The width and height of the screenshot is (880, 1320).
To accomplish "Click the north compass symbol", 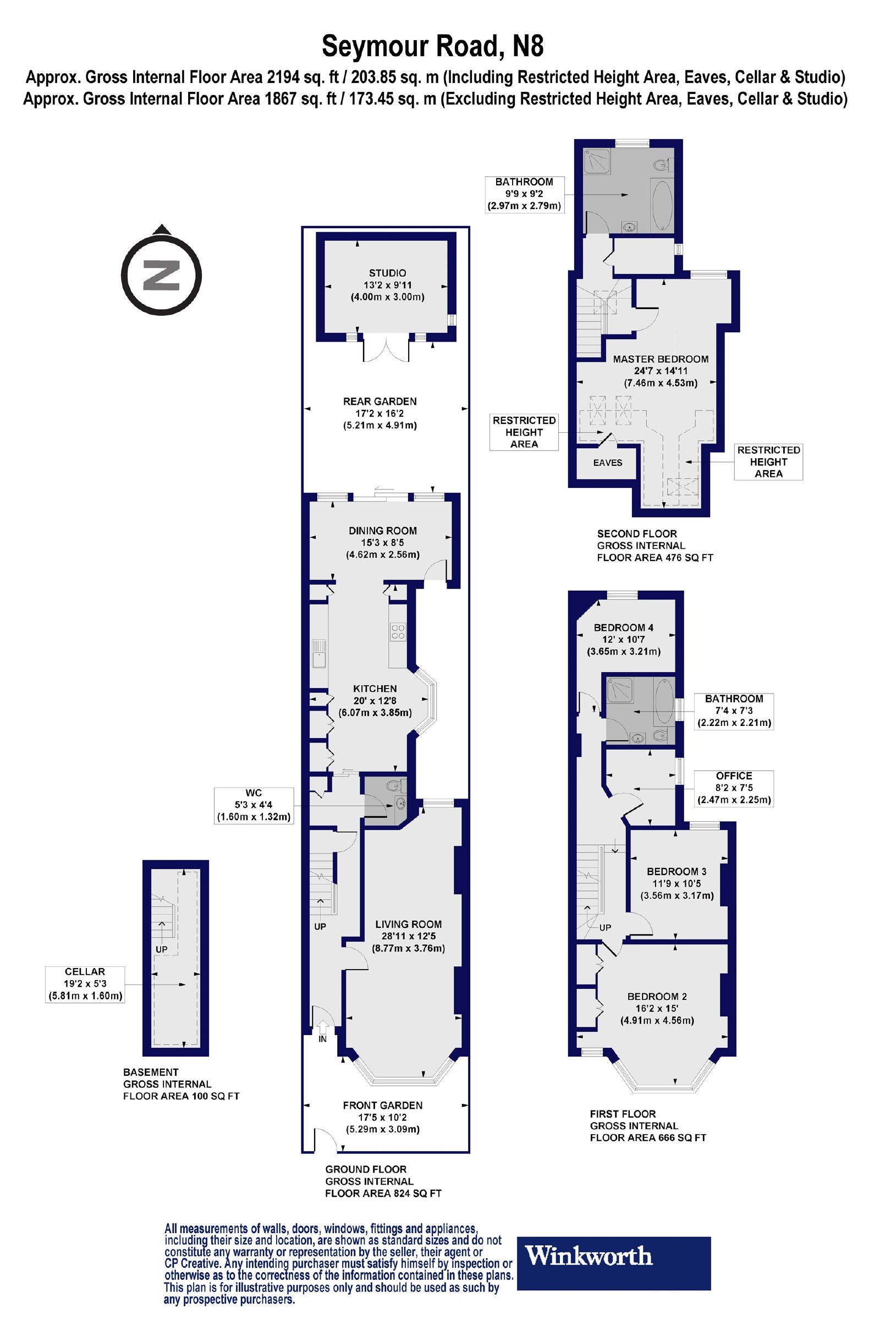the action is point(162,273).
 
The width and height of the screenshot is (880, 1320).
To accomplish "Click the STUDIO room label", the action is point(387,273).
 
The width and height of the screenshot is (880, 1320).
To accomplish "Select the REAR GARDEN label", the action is point(380,402).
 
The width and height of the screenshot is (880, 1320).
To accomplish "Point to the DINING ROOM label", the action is point(383,530).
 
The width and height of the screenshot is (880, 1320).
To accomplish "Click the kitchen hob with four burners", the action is point(398,632).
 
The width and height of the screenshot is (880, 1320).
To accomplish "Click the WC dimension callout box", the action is point(254,805).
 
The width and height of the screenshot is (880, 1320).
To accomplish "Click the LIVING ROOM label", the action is point(409,925).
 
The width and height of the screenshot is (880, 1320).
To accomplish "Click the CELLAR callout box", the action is point(85,985).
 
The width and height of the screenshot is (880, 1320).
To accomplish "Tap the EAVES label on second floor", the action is point(608,463).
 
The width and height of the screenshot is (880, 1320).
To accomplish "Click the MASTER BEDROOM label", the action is point(661,359).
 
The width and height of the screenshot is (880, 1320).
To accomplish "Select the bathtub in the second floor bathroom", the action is point(662,205).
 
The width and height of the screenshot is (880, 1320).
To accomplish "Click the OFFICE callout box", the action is point(734,789).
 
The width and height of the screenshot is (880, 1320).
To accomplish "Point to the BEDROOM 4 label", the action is point(624,628).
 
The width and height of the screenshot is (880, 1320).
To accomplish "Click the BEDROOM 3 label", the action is point(677,872).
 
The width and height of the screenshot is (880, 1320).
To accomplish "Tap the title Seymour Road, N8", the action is point(433,46).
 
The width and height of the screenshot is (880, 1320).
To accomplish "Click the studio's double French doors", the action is point(387,348).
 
